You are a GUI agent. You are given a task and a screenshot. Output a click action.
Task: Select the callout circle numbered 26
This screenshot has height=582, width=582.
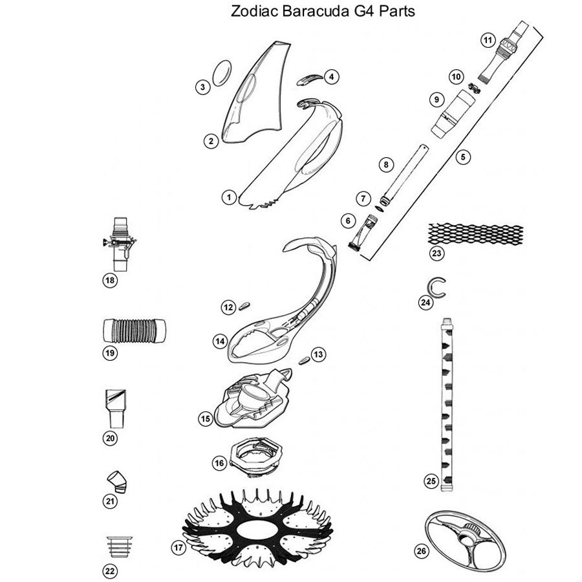coord(421,551)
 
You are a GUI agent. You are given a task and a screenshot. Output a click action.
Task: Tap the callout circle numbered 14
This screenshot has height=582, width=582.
coord(220,339)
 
